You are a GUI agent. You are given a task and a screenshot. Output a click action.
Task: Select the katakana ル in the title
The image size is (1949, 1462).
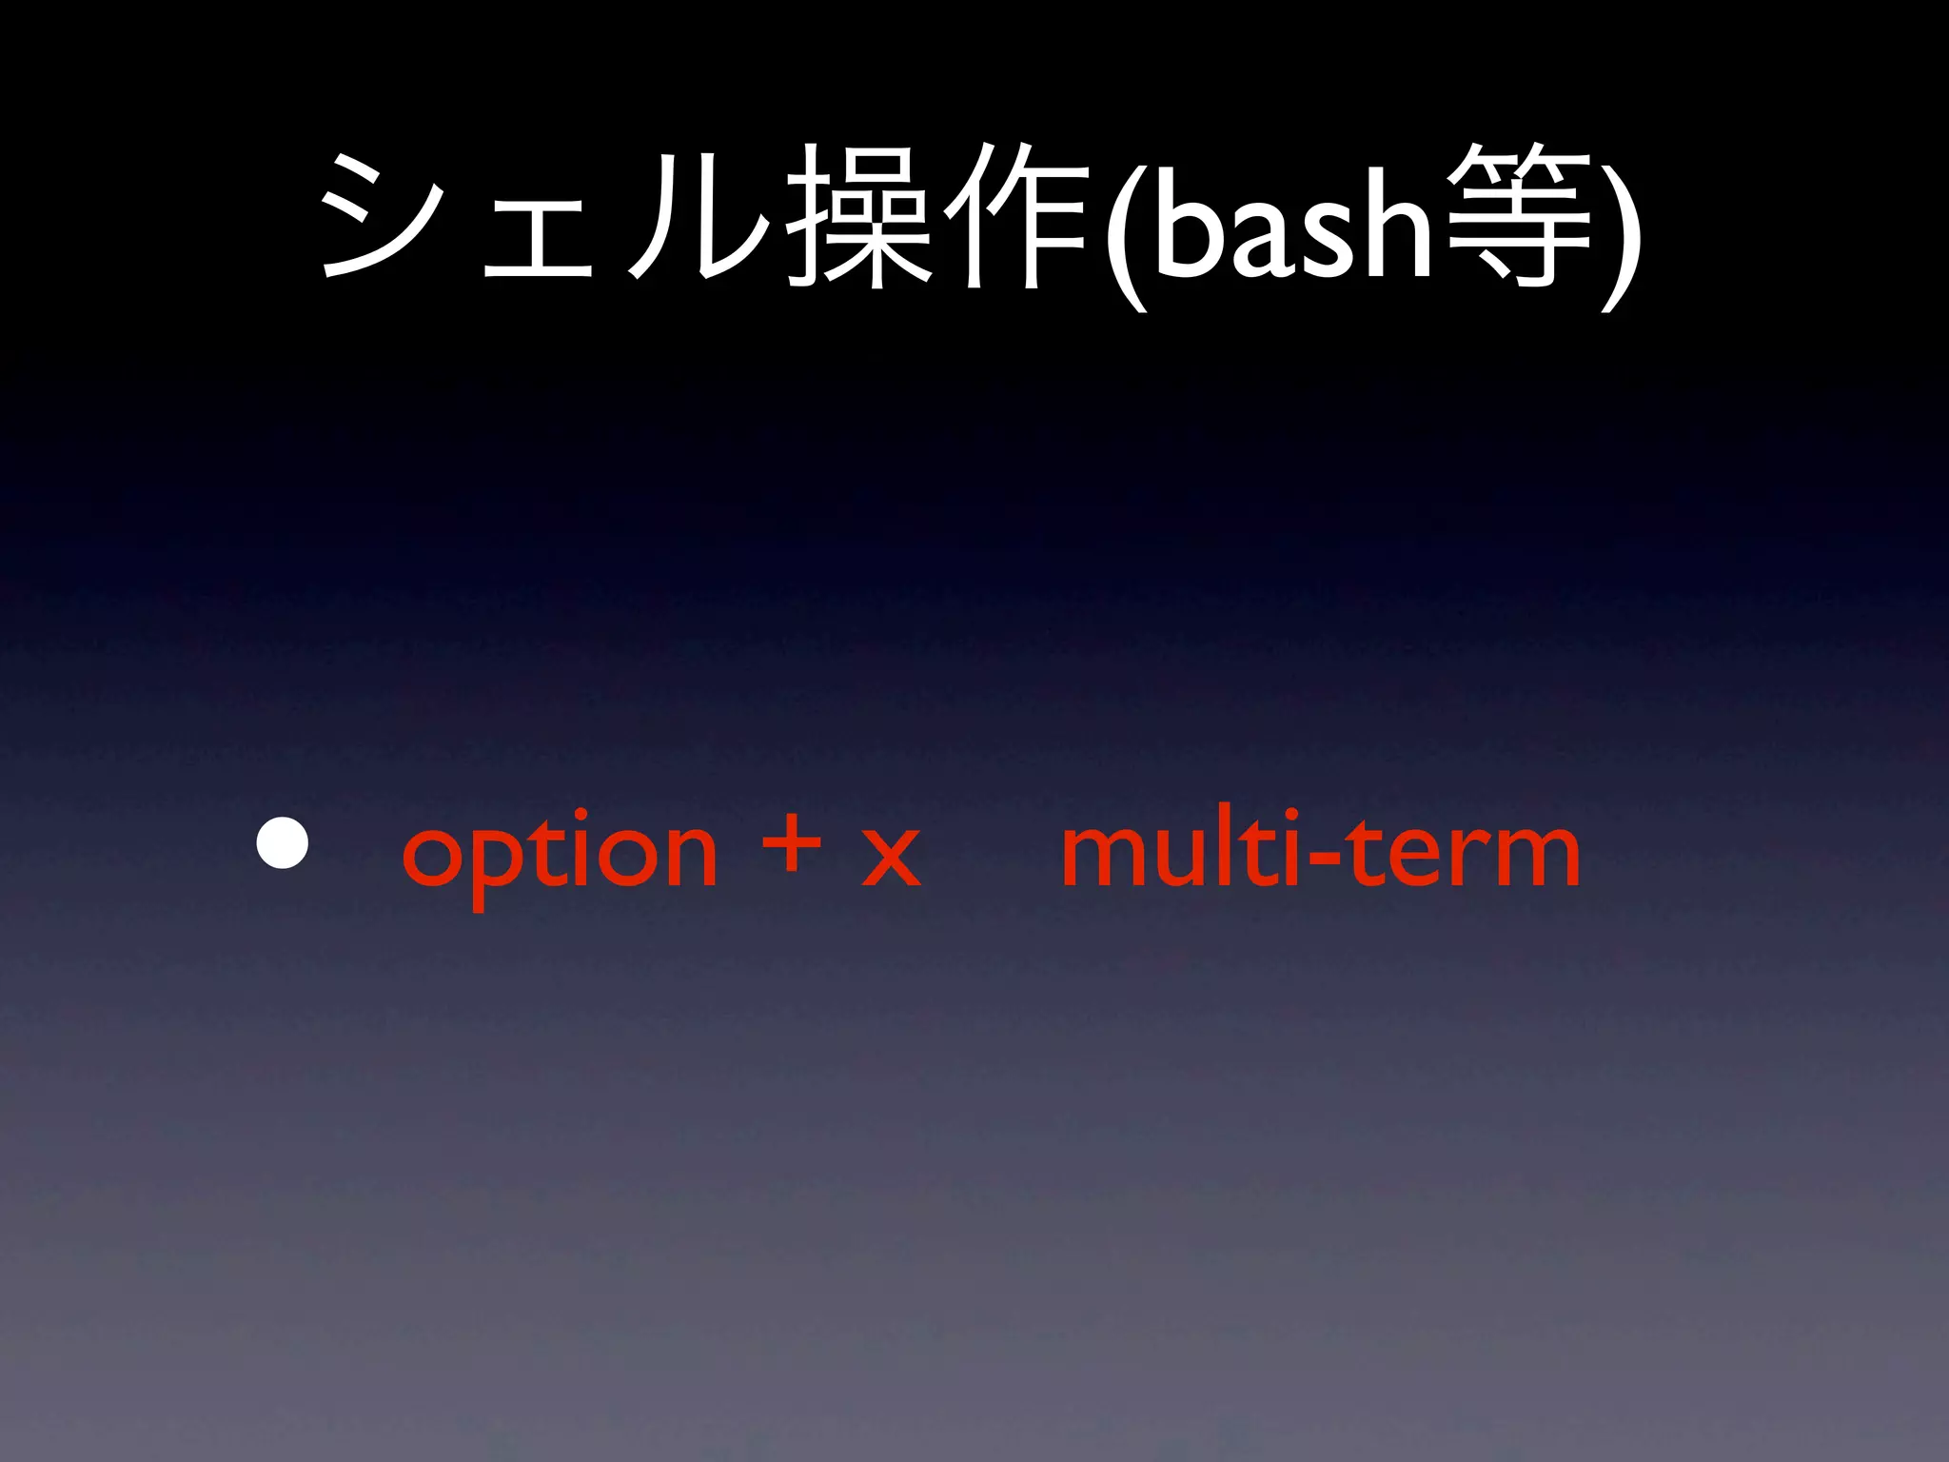click(x=699, y=217)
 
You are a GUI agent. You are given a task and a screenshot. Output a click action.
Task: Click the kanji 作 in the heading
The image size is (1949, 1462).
click(x=1018, y=217)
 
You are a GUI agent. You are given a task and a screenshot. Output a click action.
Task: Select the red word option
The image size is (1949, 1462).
click(x=560, y=853)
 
